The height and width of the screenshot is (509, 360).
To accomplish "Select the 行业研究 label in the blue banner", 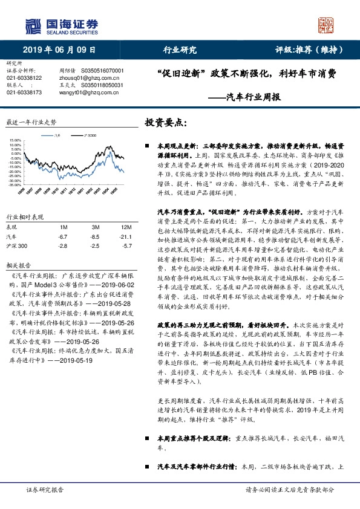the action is click(180, 50).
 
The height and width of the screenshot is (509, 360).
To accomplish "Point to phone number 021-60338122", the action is click(24, 78).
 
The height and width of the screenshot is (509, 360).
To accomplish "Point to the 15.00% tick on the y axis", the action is click(15, 141).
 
